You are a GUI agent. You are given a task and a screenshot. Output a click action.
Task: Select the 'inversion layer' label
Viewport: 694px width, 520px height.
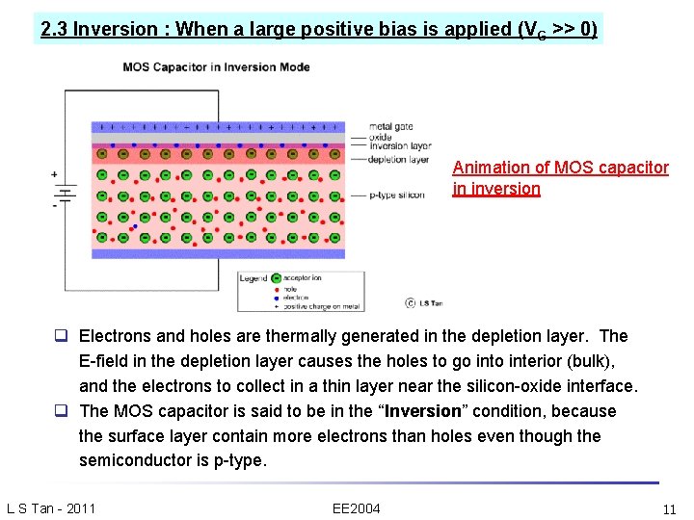pos(399,146)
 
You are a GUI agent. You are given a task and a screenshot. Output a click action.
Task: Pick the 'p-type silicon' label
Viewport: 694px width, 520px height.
pos(397,195)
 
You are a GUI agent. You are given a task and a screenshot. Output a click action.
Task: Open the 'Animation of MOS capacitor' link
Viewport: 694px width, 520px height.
pos(560,168)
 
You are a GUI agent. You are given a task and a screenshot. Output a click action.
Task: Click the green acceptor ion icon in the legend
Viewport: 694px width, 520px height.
pos(277,278)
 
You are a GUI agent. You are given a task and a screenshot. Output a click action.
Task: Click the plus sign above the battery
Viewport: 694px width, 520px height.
pos(55,175)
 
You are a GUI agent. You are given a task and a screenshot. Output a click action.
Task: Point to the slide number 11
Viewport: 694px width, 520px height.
pos(669,508)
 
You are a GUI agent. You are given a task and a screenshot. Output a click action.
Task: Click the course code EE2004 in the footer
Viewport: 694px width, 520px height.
pos(356,508)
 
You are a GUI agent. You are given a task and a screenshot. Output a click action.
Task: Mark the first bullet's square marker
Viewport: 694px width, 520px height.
pos(60,336)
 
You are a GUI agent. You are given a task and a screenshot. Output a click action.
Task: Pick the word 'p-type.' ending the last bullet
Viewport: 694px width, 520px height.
pos(238,460)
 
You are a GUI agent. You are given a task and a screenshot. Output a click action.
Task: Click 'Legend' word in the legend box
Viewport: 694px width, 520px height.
pos(254,278)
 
